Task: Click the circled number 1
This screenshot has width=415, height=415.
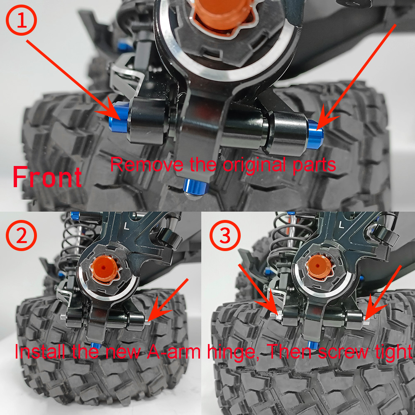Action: pyautogui.click(x=21, y=20)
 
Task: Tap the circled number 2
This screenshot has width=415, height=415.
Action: pyautogui.click(x=21, y=235)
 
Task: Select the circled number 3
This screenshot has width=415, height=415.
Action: pyautogui.click(x=225, y=235)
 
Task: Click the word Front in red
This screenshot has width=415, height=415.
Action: pyautogui.click(x=47, y=177)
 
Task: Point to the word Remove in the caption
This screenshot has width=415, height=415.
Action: pyautogui.click(x=146, y=164)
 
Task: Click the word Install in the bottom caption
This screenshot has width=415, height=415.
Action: pyautogui.click(x=40, y=352)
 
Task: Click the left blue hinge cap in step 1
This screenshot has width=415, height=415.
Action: pyautogui.click(x=118, y=118)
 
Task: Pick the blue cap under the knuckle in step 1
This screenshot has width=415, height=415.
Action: pyautogui.click(x=195, y=187)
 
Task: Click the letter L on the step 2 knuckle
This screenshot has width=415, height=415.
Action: pyautogui.click(x=127, y=225)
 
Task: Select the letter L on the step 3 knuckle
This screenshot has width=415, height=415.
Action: pyautogui.click(x=342, y=225)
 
